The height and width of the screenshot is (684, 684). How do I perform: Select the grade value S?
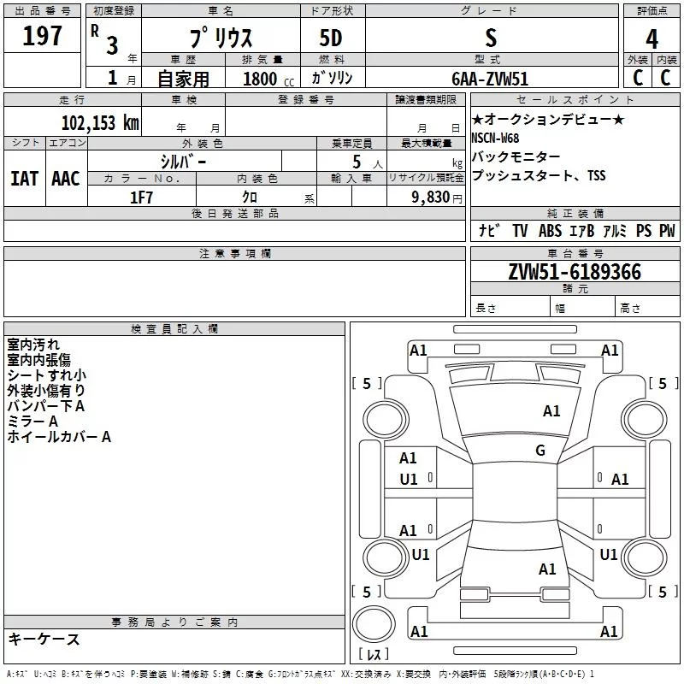pos(490,37)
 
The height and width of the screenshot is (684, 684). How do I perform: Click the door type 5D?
pos(331,38)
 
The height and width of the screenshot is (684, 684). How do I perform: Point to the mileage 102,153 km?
pos(99,123)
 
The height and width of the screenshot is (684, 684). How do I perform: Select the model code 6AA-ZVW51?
pos(490,78)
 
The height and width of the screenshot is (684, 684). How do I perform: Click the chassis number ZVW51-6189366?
pos(574,272)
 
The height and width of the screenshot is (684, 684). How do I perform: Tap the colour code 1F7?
pos(141,197)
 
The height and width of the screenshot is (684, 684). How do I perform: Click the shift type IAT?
pos(24,178)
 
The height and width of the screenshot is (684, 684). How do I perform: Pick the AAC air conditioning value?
pos(65,178)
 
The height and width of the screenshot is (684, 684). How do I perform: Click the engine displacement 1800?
pos(261,79)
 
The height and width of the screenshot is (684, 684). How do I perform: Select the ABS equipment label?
pos(550,231)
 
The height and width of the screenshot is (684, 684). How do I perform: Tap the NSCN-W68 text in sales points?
pos(495,139)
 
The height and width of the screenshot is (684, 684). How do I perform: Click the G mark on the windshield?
pos(540,451)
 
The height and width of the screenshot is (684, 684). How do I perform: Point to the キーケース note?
pos(44,640)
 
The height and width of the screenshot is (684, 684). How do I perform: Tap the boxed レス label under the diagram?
pos(373,655)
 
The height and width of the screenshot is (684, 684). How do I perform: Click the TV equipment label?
pos(520,231)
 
